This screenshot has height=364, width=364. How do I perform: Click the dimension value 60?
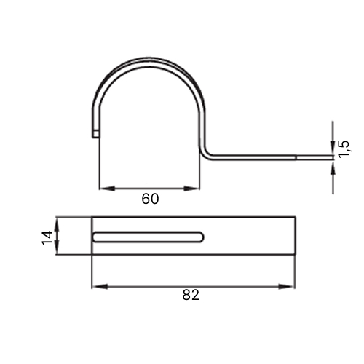pos(150,199)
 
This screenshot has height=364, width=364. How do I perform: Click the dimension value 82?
pos(191,295)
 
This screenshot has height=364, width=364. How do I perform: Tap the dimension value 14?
pos(47,238)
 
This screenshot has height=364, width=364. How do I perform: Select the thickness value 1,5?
pos(344,149)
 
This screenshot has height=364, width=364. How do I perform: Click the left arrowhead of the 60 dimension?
pos(107,189)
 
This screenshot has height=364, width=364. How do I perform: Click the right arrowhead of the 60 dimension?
pos(191,189)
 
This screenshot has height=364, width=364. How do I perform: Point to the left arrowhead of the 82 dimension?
pos(100,287)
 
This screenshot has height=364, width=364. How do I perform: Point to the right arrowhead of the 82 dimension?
pos(287,287)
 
